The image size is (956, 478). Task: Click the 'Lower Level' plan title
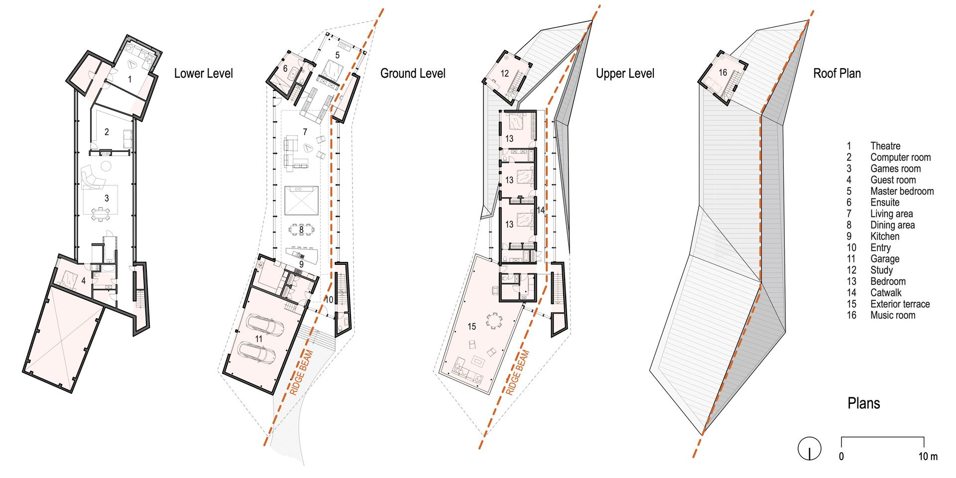[x=203, y=74]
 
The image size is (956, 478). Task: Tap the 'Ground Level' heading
[x=413, y=74]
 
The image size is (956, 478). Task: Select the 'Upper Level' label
[x=625, y=74]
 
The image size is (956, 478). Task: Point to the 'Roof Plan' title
[x=837, y=74]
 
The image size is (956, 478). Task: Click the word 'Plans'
[x=864, y=403]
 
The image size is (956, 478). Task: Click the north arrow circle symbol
[x=809, y=448]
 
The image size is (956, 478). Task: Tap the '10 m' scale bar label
[x=928, y=457]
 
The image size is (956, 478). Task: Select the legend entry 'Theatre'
[x=885, y=146]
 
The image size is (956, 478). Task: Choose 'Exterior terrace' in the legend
[x=900, y=304]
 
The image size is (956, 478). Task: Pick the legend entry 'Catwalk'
[x=886, y=293]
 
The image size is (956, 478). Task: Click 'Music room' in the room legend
[x=893, y=315]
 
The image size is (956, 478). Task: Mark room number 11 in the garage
[x=258, y=338]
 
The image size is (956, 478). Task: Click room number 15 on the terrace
[x=472, y=326]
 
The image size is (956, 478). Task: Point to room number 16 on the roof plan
[x=723, y=73]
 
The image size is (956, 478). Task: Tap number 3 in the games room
[x=107, y=198]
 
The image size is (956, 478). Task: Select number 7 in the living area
[x=305, y=131]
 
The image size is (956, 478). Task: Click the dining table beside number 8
[x=302, y=230]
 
